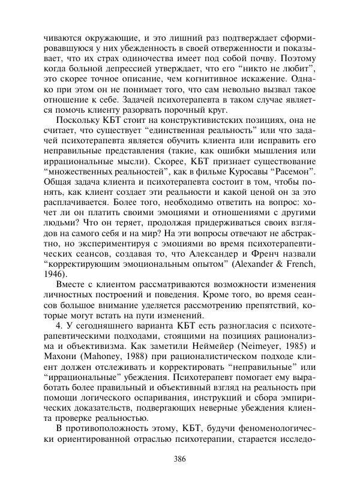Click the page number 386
click(x=179, y=460)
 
